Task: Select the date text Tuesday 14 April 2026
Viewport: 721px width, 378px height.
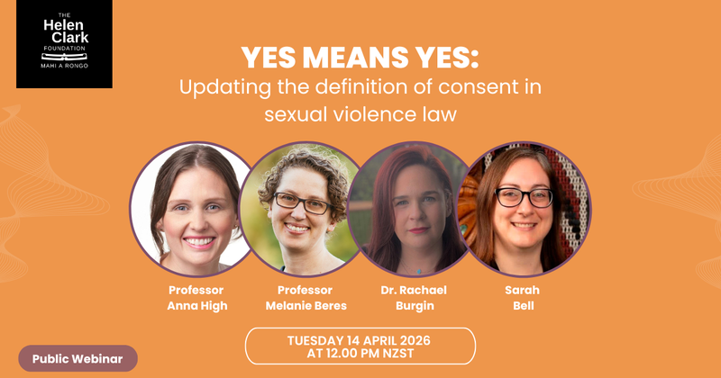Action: click(360, 339)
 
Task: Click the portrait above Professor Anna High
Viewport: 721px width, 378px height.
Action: click(193, 209)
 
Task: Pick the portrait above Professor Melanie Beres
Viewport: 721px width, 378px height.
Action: click(300, 209)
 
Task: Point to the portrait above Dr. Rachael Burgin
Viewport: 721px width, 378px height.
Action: click(410, 209)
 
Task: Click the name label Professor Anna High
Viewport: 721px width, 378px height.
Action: click(196, 297)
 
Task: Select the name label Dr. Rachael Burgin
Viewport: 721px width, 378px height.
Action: click(415, 297)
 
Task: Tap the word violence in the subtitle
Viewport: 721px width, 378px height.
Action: click(372, 115)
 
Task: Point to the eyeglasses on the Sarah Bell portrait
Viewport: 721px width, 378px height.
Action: click(522, 196)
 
